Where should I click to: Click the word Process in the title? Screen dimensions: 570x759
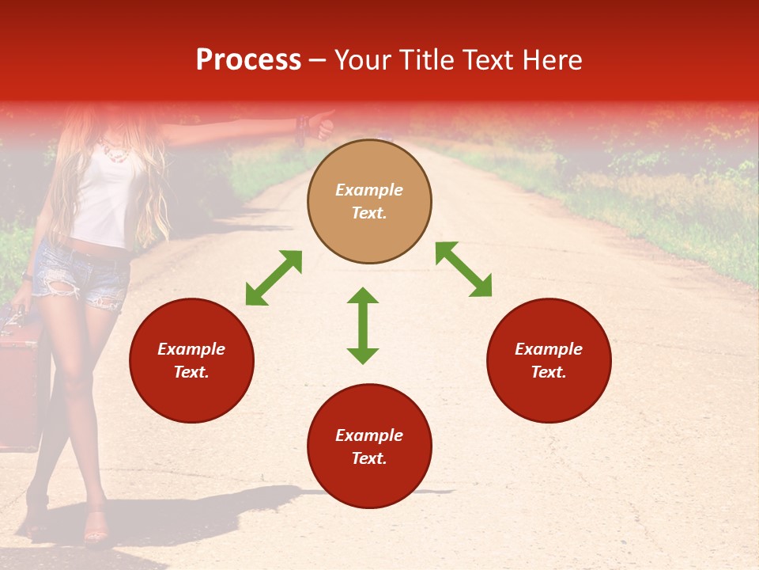coord(248,60)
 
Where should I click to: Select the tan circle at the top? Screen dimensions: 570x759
coord(369,201)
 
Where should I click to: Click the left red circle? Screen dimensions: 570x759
coord(191,360)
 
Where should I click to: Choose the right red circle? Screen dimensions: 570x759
coord(549,360)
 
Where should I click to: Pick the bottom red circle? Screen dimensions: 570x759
coord(369,446)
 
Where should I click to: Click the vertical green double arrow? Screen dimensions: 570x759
coord(363,325)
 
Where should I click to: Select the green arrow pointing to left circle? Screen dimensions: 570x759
coord(274,278)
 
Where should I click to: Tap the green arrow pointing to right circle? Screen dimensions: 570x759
coord(463,269)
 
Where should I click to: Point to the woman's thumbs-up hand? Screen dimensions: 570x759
coord(323,123)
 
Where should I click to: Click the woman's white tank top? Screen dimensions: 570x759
coord(107,198)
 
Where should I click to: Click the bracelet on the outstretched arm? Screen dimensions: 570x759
coord(300,127)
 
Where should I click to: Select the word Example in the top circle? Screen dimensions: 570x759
coord(369,190)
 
